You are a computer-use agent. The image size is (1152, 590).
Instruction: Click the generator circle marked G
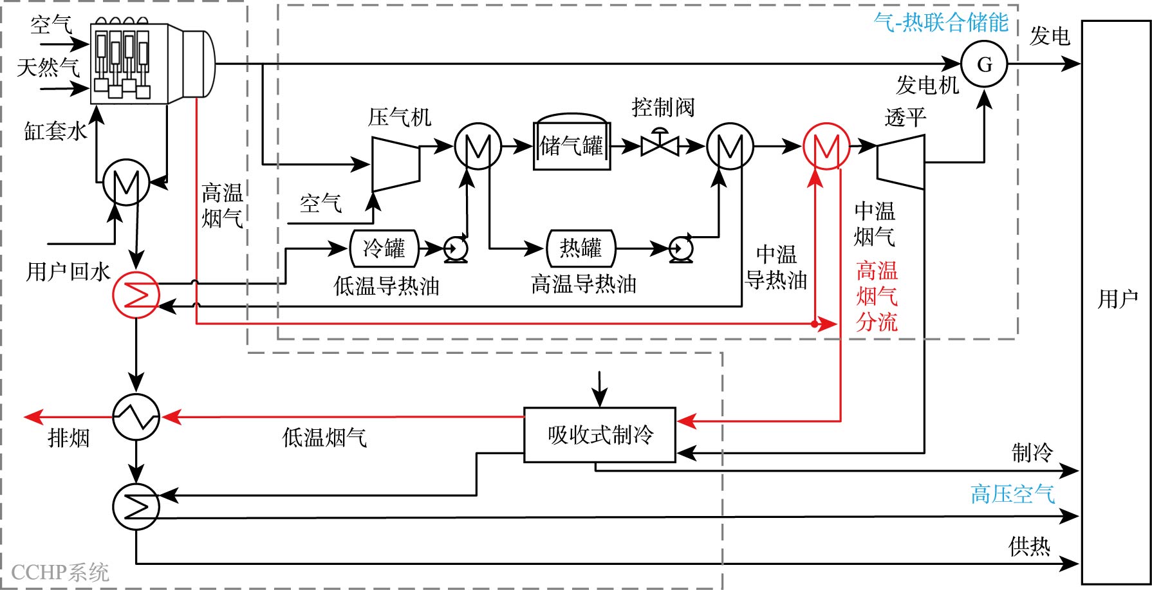984,64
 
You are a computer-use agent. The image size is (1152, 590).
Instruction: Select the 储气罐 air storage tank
571,146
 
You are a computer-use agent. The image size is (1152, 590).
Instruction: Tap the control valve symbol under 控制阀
660,145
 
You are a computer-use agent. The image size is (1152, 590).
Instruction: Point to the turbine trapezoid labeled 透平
901,161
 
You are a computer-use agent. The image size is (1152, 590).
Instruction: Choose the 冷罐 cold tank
384,248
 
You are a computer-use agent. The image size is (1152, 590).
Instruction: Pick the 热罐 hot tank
581,248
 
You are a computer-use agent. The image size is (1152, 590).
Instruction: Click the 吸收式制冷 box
600,435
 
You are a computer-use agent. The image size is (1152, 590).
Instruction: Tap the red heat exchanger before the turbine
826,147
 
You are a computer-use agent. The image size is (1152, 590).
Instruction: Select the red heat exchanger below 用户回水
136,295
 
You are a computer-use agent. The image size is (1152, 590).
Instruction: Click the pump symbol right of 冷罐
456,248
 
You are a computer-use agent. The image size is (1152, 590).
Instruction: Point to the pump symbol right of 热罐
680,248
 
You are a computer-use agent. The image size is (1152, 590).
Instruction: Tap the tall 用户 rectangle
1116,301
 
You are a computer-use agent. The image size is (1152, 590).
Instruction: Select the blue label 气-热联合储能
940,23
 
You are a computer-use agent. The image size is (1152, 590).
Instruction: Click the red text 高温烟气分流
877,296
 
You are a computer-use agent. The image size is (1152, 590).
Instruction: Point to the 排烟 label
68,439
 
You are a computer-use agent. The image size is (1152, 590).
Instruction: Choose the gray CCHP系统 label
60,572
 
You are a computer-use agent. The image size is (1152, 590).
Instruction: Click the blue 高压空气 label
1012,494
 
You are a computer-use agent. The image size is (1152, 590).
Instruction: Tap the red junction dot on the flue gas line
815,324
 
